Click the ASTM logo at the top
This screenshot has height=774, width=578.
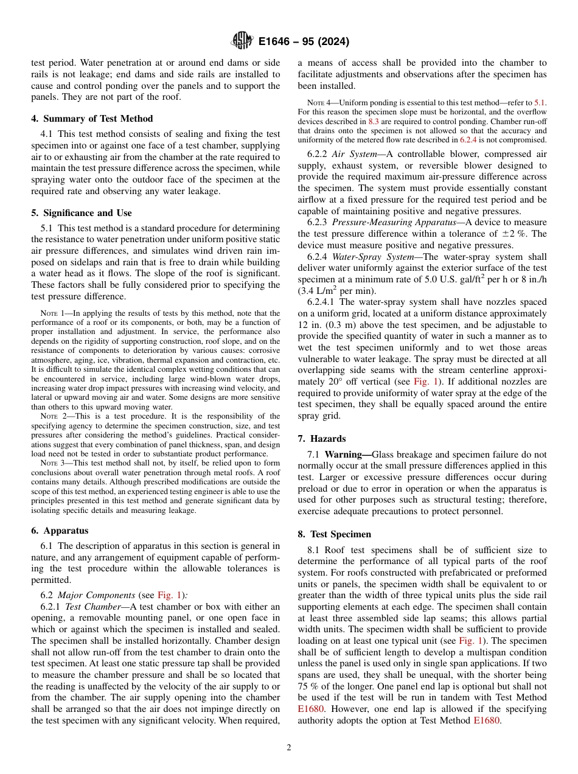tap(242, 41)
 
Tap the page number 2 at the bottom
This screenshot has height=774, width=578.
tap(289, 748)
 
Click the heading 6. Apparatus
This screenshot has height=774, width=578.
tap(60, 531)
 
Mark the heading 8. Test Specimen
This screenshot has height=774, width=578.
tap(334, 534)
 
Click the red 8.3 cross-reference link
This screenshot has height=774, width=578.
tap(374, 121)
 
